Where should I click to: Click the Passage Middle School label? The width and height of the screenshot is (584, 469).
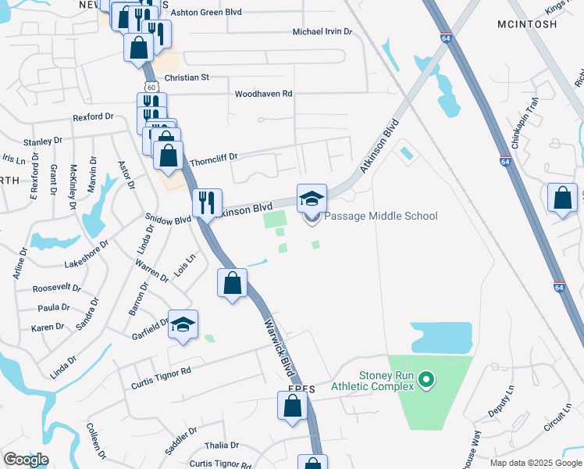pos(380,216)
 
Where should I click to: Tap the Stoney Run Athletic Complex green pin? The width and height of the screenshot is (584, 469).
pos(426,381)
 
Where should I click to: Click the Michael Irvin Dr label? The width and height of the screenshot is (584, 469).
pos(322,32)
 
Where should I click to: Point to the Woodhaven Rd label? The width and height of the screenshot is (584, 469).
pos(263,93)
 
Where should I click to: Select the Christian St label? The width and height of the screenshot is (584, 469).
pos(187,77)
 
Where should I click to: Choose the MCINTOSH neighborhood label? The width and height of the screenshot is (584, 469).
pos(527,24)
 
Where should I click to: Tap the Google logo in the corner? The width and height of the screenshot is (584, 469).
pos(26,460)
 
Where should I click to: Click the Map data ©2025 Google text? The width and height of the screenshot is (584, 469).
pos(535,463)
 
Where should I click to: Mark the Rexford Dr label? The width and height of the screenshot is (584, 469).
pos(93,116)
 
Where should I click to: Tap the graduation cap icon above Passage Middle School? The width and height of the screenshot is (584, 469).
pos(312,198)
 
